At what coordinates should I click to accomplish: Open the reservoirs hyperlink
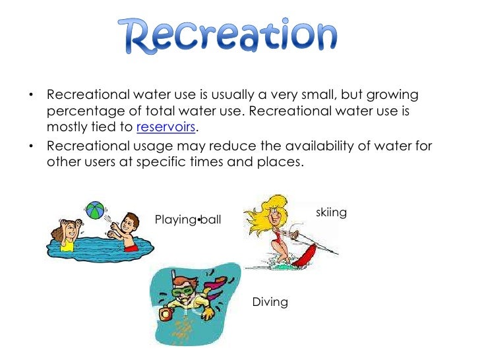point(166,127)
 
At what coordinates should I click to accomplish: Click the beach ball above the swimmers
point(96,211)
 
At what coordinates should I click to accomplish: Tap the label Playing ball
point(188,219)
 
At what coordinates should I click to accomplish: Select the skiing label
point(332,212)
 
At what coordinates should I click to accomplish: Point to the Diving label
point(270,302)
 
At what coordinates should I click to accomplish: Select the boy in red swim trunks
point(129,234)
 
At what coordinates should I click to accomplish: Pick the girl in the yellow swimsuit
point(67,237)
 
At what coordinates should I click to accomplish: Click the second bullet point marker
point(31,146)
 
